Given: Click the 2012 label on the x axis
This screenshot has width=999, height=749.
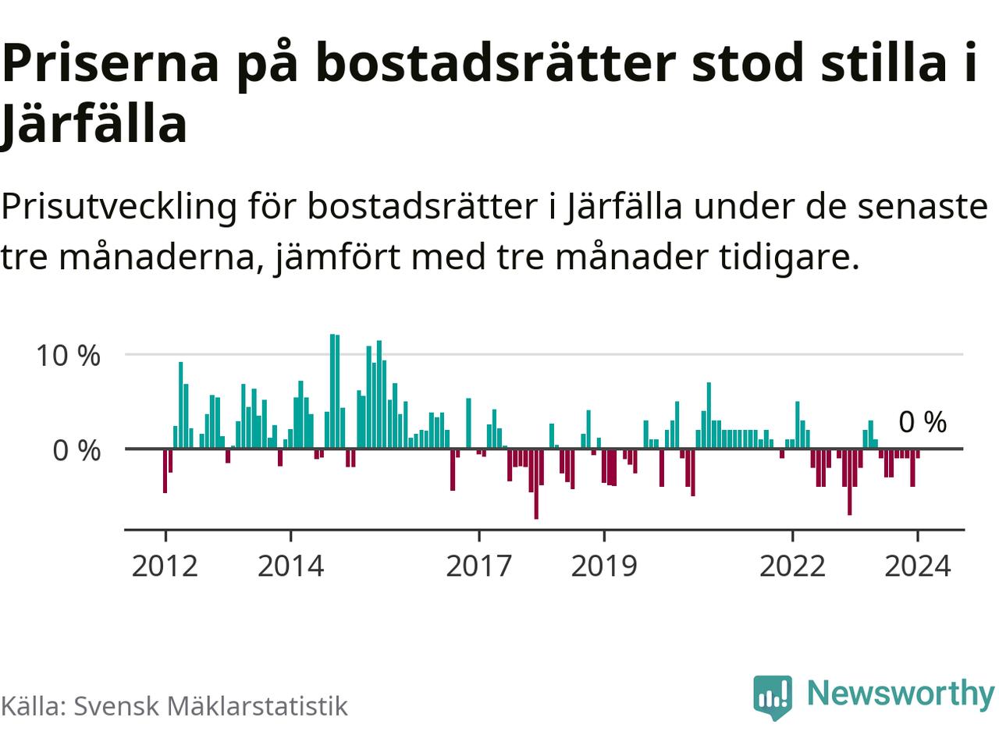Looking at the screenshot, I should tap(165, 565).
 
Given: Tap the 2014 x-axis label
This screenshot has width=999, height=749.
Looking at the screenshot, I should tap(290, 565).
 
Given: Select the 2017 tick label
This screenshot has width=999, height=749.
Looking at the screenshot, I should tap(478, 565).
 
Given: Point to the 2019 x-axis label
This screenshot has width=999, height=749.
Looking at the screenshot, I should tap(604, 565).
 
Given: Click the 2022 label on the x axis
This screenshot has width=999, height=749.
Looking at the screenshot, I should tap(792, 565).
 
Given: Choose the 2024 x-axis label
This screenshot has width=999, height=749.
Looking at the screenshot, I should tap(918, 565).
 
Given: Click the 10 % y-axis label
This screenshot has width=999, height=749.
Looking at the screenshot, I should tap(69, 356).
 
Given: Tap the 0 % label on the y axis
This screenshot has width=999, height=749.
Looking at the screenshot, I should tap(76, 450).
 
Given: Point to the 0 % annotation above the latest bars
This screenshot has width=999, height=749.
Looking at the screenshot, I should tap(923, 422).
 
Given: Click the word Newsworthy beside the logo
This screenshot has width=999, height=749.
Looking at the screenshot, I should tap(900, 693).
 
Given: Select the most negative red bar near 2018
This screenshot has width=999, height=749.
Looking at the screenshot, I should tap(536, 484).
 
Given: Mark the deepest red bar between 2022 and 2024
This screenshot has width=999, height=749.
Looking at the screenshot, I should tap(849, 481).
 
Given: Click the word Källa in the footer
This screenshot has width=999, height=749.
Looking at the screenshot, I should tap(32, 706).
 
